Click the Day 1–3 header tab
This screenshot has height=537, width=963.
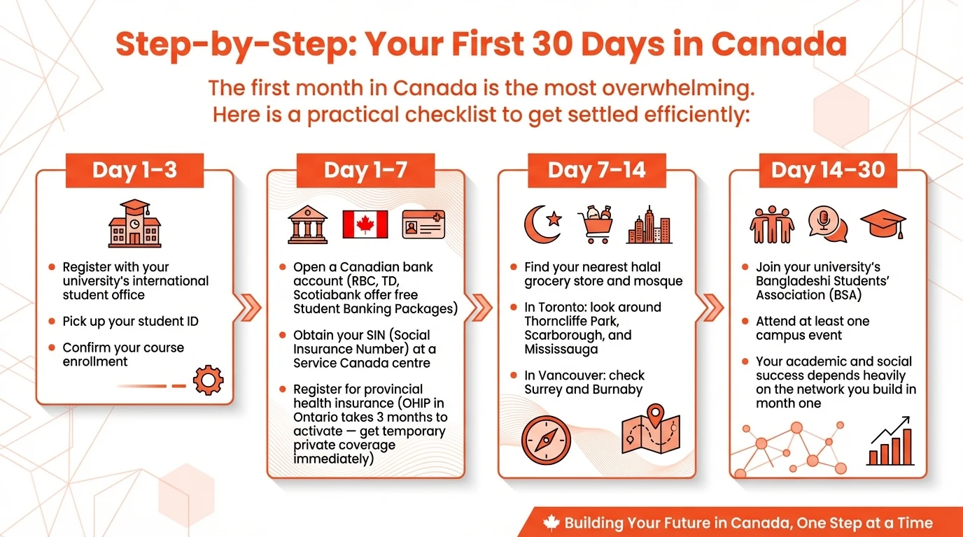coord(134,171)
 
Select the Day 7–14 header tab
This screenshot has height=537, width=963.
coord(596,171)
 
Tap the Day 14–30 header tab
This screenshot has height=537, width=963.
coord(828,171)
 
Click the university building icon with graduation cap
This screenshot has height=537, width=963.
coord(134,224)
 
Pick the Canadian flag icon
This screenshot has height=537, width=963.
coord(365,224)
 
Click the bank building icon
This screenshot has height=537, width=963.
coord(309,224)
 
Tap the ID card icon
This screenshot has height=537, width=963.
coord(423,224)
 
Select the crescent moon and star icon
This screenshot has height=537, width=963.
coord(543,223)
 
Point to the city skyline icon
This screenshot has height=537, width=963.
coord(649,225)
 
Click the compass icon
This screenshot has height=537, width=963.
coord(546,441)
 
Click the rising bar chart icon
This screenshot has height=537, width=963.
coord(890,441)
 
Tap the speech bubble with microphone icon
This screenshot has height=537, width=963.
coord(827,224)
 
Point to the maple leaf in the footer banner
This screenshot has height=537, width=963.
coord(551,522)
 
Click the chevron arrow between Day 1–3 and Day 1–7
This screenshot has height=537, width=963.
coord(250,306)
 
